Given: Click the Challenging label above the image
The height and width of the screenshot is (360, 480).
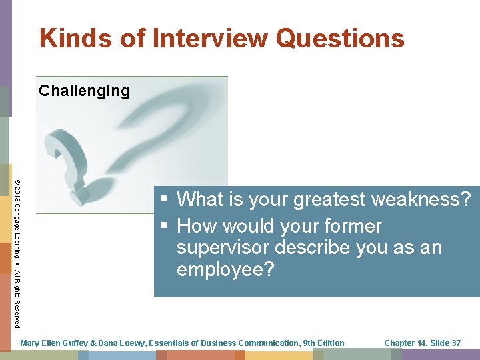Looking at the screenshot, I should (x=84, y=91).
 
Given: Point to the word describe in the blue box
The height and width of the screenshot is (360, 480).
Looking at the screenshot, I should (x=321, y=248).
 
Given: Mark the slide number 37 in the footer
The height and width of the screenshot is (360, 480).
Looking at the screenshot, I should (x=455, y=343).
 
